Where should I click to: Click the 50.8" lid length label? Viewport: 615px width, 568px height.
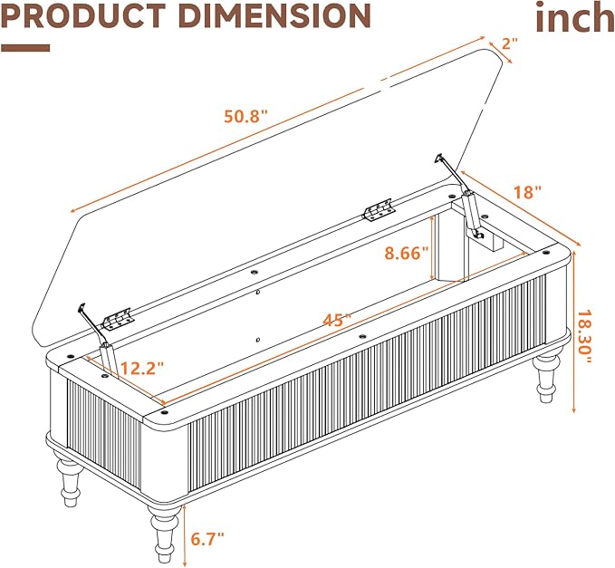[245, 117]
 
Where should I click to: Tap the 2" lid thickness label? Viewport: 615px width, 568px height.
[510, 43]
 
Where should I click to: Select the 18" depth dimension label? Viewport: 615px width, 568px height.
[527, 192]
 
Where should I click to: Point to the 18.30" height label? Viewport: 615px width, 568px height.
[584, 337]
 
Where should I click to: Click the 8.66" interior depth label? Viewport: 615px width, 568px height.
[407, 253]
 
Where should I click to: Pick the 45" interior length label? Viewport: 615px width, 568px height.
[337, 320]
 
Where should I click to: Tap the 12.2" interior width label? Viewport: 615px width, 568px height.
[141, 369]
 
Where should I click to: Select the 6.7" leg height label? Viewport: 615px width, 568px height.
[207, 539]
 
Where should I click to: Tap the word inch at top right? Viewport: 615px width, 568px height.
[575, 17]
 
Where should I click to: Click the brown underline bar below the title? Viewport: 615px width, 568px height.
[25, 48]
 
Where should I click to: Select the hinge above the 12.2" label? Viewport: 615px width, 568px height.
[116, 319]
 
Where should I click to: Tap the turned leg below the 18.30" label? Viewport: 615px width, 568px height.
[546, 378]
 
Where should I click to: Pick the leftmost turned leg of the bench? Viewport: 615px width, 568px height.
[69, 477]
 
